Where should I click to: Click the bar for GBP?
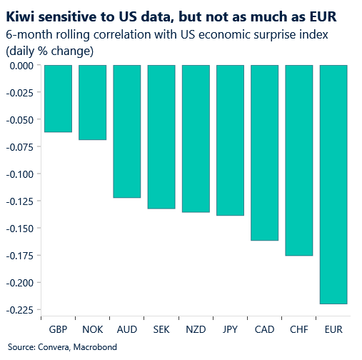(58, 99)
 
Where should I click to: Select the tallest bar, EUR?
(333, 184)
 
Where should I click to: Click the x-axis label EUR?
(333, 331)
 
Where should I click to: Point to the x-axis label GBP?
(58, 331)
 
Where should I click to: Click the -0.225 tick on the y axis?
(20, 309)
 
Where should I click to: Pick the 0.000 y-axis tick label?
(21, 66)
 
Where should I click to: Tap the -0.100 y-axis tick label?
(20, 174)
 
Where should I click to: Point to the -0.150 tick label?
(20, 228)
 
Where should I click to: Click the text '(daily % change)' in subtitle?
(49, 51)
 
